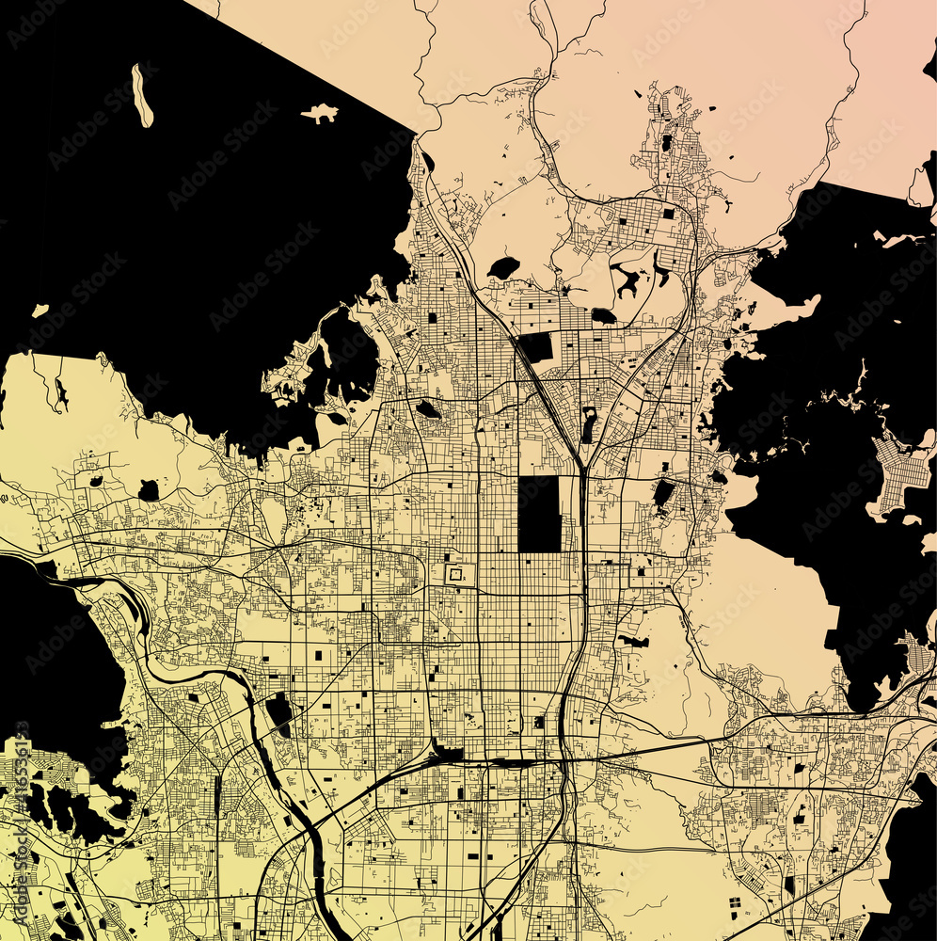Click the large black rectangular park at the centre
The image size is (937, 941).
click(539, 514)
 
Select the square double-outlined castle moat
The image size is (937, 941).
click(455, 573)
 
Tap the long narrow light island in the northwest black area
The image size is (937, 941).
click(142, 95)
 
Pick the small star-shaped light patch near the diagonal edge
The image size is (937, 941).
click(320, 114)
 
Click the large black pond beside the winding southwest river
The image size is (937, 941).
click(278, 712)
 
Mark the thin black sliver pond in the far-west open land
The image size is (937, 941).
click(60, 395)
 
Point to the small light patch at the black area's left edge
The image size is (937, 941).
click(40, 310)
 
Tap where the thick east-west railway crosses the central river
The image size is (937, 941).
click(565, 758)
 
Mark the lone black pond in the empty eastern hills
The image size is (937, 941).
click(633, 642)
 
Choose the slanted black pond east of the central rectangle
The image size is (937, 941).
click(663, 493)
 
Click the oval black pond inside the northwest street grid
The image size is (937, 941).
click(428, 409)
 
